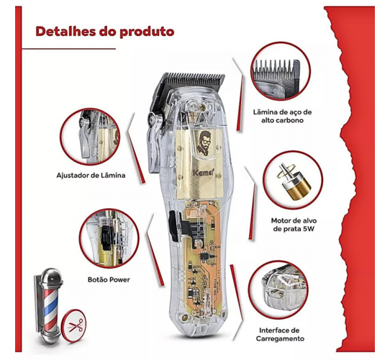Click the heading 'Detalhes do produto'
point(105,32)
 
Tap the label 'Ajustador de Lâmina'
point(91,175)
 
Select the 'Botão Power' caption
point(109,279)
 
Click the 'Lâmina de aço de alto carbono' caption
point(282,116)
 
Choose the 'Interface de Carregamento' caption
point(280,334)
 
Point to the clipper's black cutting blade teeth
point(194,78)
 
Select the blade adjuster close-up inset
point(90,136)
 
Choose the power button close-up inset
point(109,238)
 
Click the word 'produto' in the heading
point(147,32)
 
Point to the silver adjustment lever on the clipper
point(154,140)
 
